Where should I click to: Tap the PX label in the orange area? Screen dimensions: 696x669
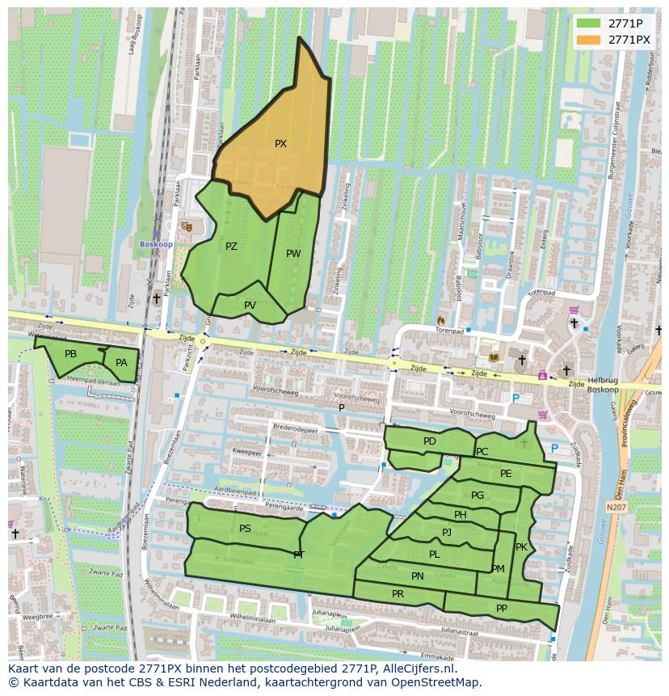click(280, 144)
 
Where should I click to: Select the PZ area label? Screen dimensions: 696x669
click(231, 247)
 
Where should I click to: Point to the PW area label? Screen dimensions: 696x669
click(293, 253)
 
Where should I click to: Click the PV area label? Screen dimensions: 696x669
click(250, 305)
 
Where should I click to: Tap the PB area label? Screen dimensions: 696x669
click(70, 354)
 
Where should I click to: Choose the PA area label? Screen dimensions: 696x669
click(121, 363)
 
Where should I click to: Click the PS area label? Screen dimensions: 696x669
click(245, 528)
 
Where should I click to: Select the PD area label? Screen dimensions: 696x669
click(429, 441)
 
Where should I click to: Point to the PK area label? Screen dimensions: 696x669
click(521, 547)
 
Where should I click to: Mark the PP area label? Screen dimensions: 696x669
click(502, 609)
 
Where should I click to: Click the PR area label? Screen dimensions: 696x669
click(398, 593)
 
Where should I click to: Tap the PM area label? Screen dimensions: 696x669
click(498, 569)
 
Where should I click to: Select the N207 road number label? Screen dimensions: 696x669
click(616, 507)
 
